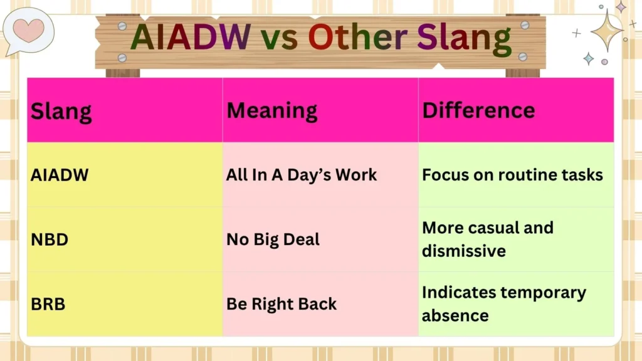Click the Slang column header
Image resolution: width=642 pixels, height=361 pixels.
[x=61, y=111]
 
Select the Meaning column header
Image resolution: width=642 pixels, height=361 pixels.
[x=271, y=110]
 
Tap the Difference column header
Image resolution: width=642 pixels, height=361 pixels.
[x=478, y=110]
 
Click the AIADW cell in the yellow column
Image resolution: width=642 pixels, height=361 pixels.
[x=60, y=175]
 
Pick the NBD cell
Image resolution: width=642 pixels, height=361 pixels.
[x=50, y=239]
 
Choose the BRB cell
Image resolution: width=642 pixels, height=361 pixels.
[x=48, y=304]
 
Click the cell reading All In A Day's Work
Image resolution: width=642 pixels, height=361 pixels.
[x=301, y=175]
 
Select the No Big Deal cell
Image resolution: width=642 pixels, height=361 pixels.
[x=273, y=239]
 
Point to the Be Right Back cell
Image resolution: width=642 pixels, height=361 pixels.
[x=282, y=304]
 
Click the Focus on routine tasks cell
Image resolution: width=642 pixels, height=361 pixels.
[x=512, y=174]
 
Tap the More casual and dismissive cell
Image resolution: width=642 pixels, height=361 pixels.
[x=487, y=239]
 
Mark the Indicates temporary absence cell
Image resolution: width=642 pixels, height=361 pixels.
[x=503, y=303]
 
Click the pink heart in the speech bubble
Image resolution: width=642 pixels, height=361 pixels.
[x=28, y=28]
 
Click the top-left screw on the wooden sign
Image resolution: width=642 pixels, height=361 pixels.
[x=122, y=26]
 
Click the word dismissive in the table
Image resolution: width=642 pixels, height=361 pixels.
[x=463, y=251]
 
